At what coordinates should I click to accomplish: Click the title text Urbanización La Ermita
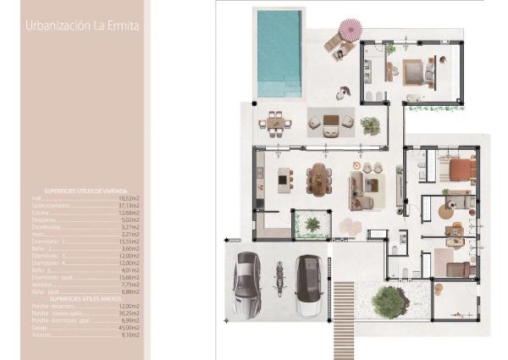tap(82, 26)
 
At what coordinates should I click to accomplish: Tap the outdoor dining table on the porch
tap(276, 122)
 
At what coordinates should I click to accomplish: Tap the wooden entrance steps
tap(344, 308)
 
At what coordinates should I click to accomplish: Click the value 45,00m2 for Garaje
tap(129, 327)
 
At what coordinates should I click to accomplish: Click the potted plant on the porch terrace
tap(369, 125)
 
